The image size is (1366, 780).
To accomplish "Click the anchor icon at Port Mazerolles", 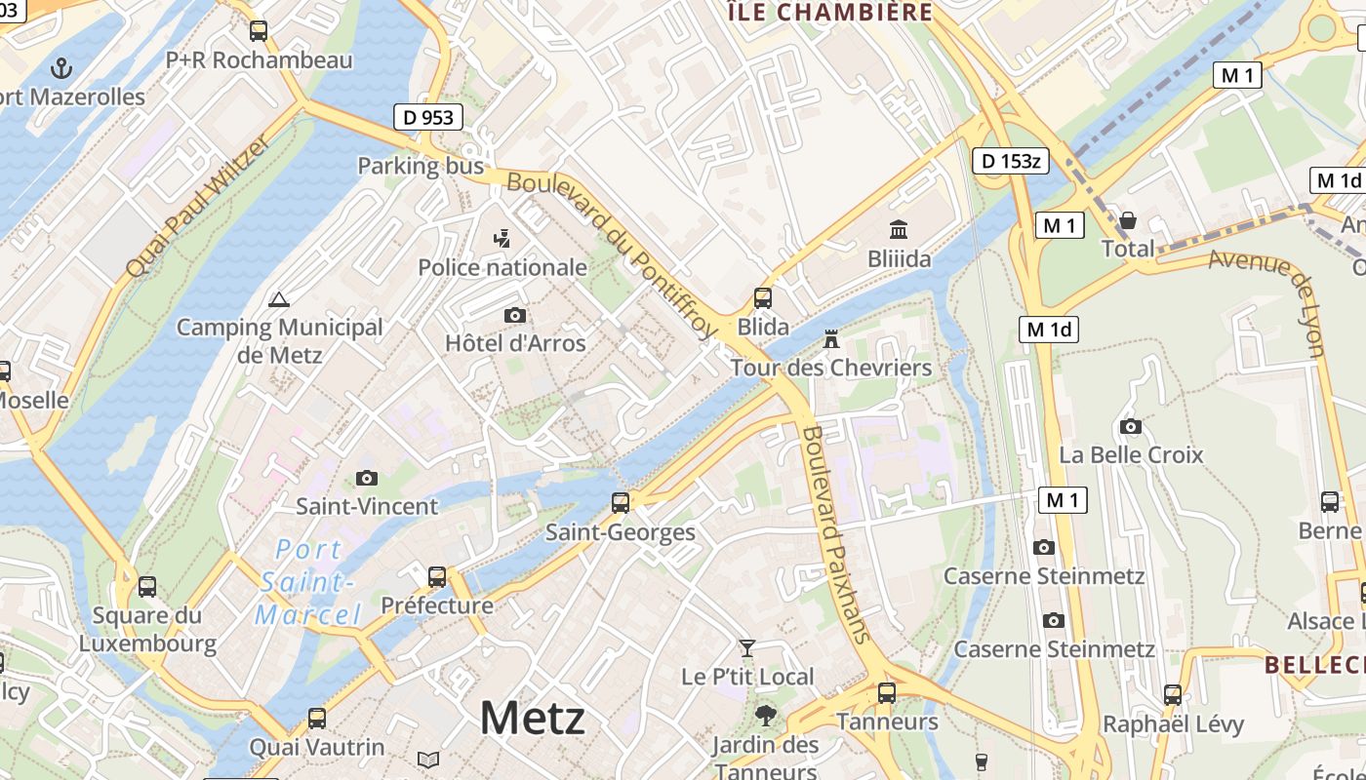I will (x=61, y=67).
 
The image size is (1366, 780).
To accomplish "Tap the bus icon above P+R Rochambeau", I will (x=259, y=30).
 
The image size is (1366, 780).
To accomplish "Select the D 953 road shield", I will (x=428, y=117).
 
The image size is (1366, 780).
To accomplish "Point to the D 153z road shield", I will (x=1010, y=161).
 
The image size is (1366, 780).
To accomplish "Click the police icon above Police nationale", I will (x=502, y=238).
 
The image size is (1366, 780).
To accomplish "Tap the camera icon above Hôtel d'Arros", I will (x=514, y=315).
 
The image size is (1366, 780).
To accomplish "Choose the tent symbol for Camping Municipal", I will (x=279, y=299).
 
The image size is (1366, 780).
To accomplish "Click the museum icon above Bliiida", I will (x=899, y=230).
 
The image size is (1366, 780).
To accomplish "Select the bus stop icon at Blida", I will (x=763, y=297).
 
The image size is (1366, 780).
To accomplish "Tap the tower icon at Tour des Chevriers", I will (x=831, y=339).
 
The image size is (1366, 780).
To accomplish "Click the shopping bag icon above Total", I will (x=1128, y=220).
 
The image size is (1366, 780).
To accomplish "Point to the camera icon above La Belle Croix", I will (x=1131, y=426).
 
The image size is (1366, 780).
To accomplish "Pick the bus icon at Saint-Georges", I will (x=621, y=503).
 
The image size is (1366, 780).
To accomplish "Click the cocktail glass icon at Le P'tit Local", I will (x=747, y=647).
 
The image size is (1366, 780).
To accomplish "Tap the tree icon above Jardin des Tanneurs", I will (x=766, y=716).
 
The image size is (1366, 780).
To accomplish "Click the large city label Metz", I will (x=532, y=719).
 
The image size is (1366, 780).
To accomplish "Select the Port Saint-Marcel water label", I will (x=307, y=582).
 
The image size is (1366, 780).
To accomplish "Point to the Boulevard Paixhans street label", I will (x=835, y=533).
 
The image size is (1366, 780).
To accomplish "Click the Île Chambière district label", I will (x=829, y=12).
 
